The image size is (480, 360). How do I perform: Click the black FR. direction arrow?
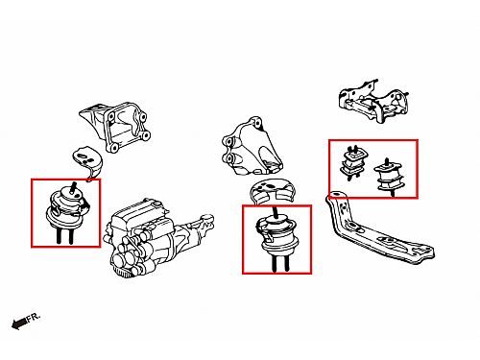19,324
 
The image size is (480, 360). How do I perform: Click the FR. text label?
34,317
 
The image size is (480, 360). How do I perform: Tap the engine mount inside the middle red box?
276,239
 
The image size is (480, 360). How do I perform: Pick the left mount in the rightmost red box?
353,163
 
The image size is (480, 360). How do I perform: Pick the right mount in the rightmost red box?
389,177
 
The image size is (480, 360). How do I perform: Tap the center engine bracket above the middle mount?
252,147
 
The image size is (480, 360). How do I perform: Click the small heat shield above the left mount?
87,162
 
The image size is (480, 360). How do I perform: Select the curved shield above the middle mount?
272,191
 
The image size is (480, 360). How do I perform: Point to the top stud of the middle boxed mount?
276,213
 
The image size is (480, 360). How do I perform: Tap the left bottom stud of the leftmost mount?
60,236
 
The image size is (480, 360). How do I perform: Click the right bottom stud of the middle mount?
286,263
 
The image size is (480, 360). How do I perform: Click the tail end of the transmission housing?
206,220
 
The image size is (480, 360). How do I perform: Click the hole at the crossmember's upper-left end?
335,196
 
